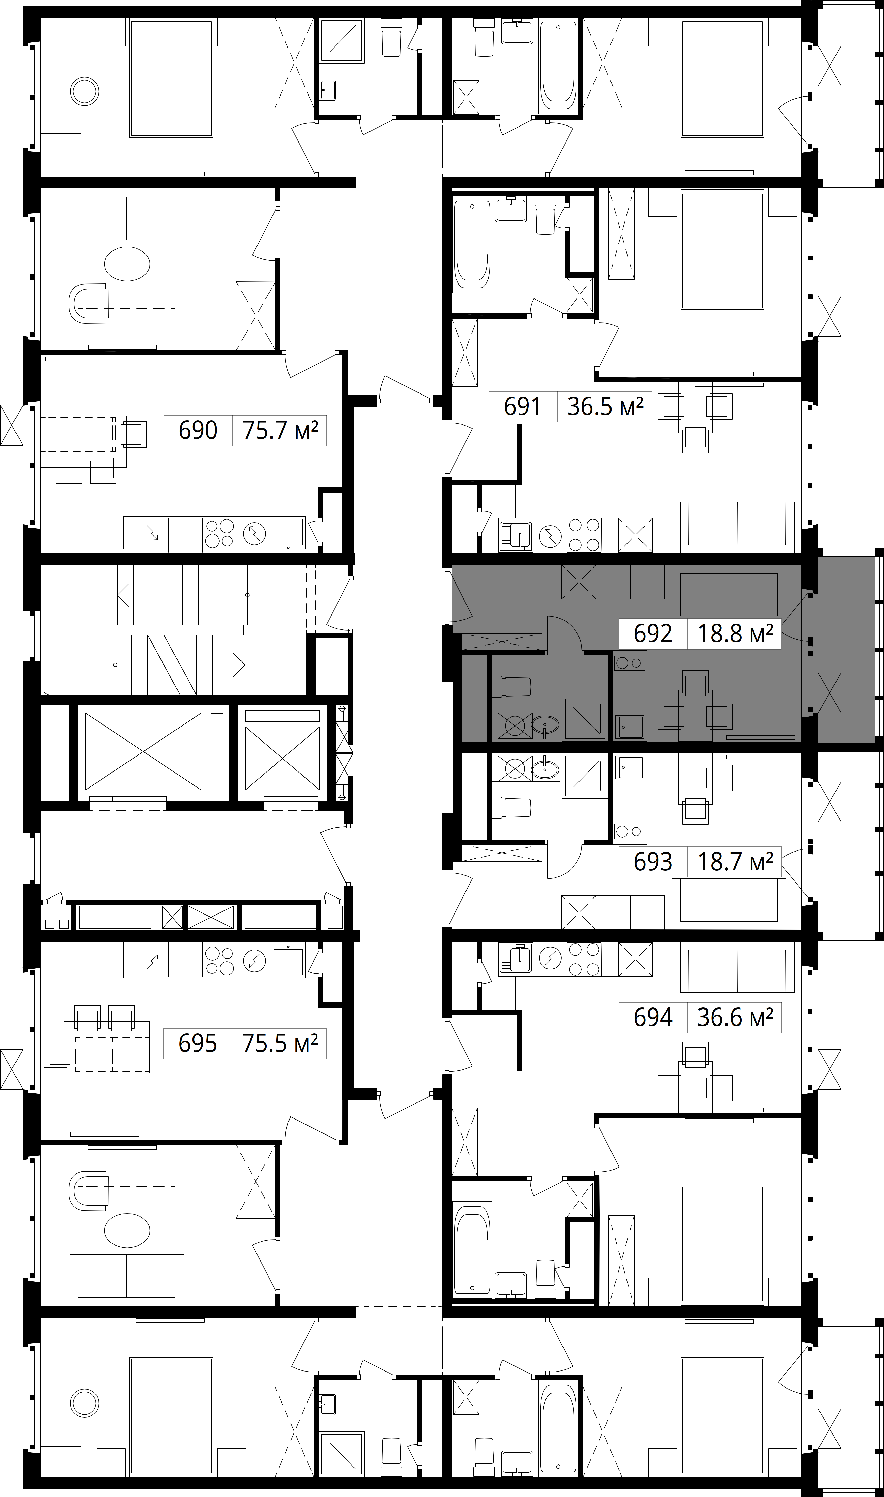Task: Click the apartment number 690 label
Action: [x=198, y=430]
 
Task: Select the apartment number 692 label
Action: [x=653, y=633]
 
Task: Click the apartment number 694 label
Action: [x=653, y=1017]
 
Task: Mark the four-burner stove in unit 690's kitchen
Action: [x=220, y=533]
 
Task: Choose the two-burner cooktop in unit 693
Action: [x=630, y=831]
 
